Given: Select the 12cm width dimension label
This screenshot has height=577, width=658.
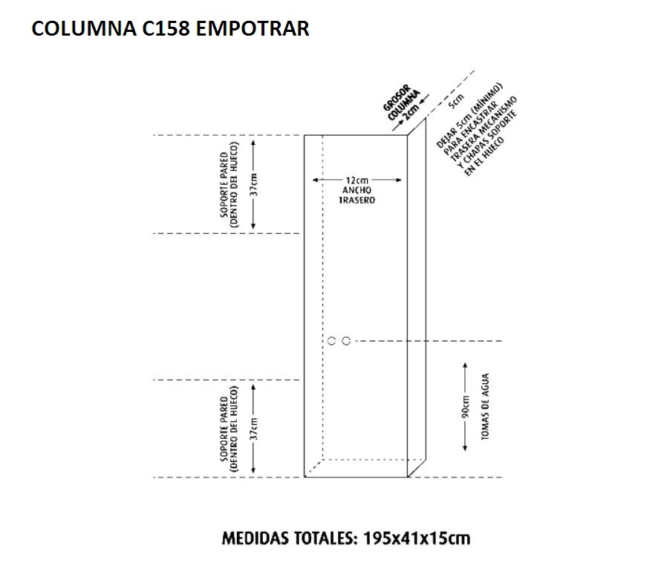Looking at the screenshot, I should pyautogui.click(x=356, y=180).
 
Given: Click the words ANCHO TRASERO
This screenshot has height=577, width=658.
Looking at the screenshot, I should pyautogui.click(x=356, y=195).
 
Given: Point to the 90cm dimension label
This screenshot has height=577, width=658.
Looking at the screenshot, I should pyautogui.click(x=466, y=407).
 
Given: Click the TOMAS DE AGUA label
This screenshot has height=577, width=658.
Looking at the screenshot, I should pyautogui.click(x=484, y=412).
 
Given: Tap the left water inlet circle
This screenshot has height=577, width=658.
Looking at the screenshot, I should pyautogui.click(x=332, y=341).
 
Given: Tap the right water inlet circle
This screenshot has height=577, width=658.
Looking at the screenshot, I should pyautogui.click(x=346, y=341).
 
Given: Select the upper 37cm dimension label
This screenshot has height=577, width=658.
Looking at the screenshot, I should pyautogui.click(x=254, y=183).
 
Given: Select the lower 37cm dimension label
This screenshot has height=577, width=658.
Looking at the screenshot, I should pyautogui.click(x=254, y=428).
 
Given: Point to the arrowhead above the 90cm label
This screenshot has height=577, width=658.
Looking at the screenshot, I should pyautogui.click(x=466, y=366).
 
